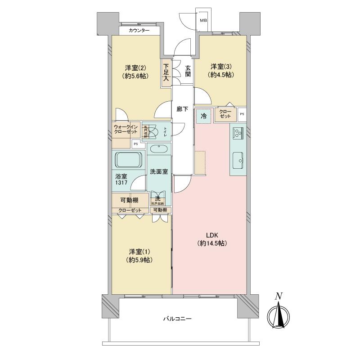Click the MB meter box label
click(203, 20)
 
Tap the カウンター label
click(139, 31)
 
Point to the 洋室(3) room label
click(220, 71)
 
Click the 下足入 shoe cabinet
click(166, 72)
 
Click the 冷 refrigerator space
click(203, 116)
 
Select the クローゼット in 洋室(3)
click(225, 113)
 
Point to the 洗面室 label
click(158, 171)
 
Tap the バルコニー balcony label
click(177, 319)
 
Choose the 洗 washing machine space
click(158, 198)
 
